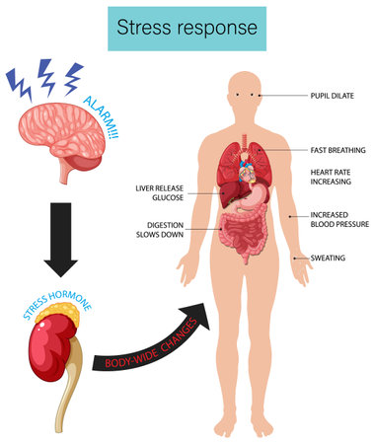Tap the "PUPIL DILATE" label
(335, 96)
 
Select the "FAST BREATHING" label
(337, 150)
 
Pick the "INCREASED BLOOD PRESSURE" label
(337, 220)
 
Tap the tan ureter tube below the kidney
(66, 400)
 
